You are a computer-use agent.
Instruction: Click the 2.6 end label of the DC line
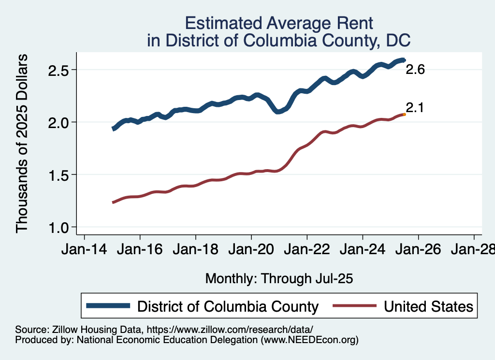point(415,70)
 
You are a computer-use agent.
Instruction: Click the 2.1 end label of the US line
point(414,107)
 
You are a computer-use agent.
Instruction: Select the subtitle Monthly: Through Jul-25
point(279,279)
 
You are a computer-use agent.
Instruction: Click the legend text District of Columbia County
point(228,306)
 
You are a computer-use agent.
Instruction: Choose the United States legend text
point(428,306)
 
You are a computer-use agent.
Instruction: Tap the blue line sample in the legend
point(108,306)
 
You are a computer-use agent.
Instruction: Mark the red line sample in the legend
point(354,306)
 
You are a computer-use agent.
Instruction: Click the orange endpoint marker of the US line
point(404,115)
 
